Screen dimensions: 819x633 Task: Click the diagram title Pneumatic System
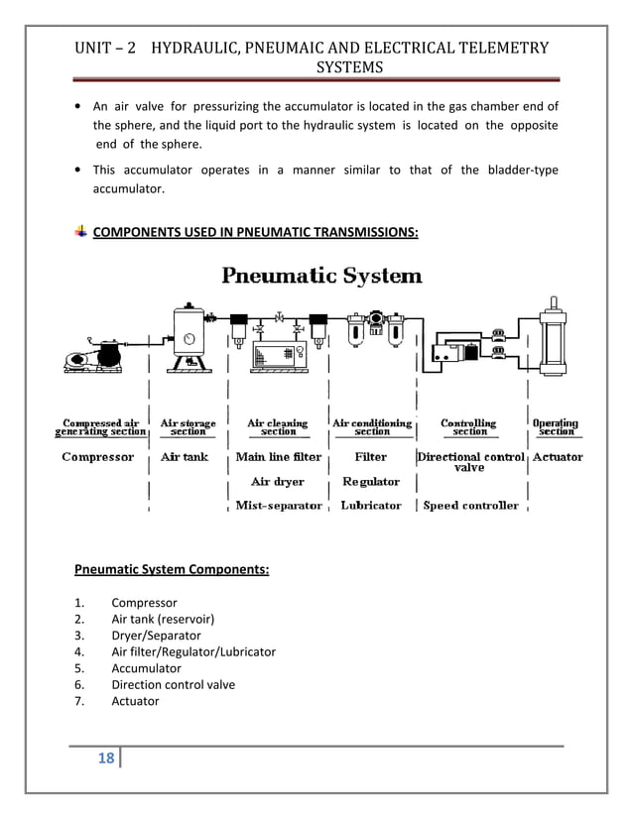pos(321,275)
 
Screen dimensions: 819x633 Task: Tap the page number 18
pos(107,760)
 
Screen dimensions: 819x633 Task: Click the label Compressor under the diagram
pos(97,457)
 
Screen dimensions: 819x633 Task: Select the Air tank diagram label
pos(185,457)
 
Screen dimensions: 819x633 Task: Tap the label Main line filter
pos(279,457)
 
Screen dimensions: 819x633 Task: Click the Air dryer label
pos(278,482)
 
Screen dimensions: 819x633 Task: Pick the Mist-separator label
pos(279,506)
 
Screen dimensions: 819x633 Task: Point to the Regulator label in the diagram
pos(371,482)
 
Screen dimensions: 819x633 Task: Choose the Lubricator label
pos(371,506)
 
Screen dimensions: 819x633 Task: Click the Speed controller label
pos(471,506)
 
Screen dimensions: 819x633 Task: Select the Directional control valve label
pos(469,461)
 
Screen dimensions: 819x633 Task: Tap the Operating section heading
pos(556,427)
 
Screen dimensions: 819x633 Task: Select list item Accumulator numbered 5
pos(146,668)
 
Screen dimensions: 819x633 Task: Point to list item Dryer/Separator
pos(156,636)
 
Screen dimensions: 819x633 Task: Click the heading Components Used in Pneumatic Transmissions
pos(255,232)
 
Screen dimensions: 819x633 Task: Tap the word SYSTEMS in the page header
pos(348,67)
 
